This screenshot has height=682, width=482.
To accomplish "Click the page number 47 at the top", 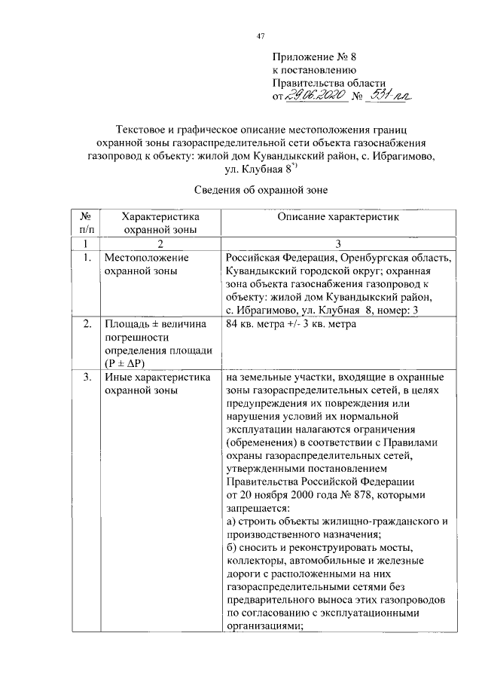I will tap(261, 35).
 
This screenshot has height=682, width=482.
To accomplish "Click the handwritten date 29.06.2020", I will tap(317, 96).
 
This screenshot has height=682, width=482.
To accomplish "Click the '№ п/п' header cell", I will tap(86, 222).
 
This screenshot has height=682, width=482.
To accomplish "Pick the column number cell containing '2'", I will tap(160, 243).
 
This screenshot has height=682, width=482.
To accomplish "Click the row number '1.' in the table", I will tap(87, 257).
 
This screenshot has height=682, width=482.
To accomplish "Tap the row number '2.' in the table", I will tap(87, 324).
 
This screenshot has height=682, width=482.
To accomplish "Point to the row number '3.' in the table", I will tap(87, 377).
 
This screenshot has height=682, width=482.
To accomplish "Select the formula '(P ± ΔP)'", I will tap(129, 362).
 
